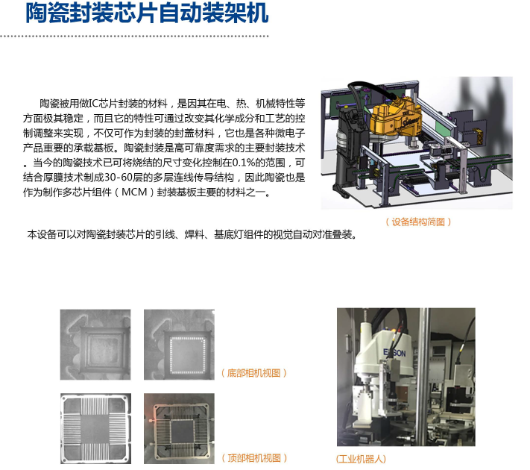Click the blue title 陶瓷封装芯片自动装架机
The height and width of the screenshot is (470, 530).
tap(147, 13)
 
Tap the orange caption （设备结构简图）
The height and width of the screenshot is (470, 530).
tap(418, 222)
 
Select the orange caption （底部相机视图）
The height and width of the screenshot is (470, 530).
tap(253, 373)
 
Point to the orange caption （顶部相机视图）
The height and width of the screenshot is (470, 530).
tap(254, 458)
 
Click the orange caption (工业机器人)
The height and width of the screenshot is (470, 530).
tap(361, 459)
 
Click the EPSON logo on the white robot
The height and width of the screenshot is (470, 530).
tap(394, 353)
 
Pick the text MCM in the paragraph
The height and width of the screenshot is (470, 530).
tap(134, 192)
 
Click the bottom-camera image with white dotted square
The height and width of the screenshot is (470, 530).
tap(179, 345)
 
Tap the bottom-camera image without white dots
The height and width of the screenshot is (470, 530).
tap(95, 345)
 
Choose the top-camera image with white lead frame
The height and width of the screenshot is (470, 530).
tap(95, 428)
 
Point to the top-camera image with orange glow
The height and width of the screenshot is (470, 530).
tap(179, 428)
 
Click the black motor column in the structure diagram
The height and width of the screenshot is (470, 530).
tap(347, 149)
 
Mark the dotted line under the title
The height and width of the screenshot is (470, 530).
tap(134, 36)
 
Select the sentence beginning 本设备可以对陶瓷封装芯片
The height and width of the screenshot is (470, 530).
tap(192, 234)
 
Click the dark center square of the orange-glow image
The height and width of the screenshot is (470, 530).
tap(181, 430)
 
